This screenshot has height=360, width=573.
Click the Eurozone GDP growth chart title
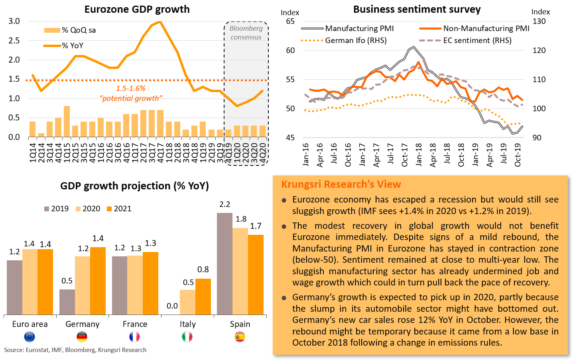pyautogui.click(x=137, y=9)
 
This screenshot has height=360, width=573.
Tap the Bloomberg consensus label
pyautogui.click(x=246, y=33)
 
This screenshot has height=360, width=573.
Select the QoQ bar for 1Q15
pyautogui.click(x=67, y=122)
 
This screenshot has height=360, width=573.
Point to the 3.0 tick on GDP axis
pyautogui.click(x=14, y=21)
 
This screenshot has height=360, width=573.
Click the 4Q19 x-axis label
pyautogui.click(x=229, y=153)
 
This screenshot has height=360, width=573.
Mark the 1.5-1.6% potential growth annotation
pyautogui.click(x=131, y=93)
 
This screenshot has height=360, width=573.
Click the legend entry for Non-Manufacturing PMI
pyautogui.click(x=486, y=29)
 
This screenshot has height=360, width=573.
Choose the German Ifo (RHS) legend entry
pyautogui.click(x=356, y=40)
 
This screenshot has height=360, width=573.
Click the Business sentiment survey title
pyautogui.click(x=417, y=9)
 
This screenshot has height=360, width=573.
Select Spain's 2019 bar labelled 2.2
pyautogui.click(x=224, y=264)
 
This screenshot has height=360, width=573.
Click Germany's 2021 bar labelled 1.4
pyautogui.click(x=98, y=281)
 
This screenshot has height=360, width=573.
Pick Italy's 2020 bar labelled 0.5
pyautogui.click(x=187, y=302)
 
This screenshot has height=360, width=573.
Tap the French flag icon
pyautogui.click(x=135, y=337)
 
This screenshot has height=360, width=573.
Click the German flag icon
pyautogui.click(x=82, y=337)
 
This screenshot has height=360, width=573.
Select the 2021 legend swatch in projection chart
pyautogui.click(x=109, y=209)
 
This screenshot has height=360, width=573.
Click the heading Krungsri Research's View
pyautogui.click(x=341, y=184)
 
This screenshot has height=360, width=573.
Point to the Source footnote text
pyautogui.click(x=75, y=350)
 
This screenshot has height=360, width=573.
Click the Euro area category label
pyautogui.click(x=30, y=324)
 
